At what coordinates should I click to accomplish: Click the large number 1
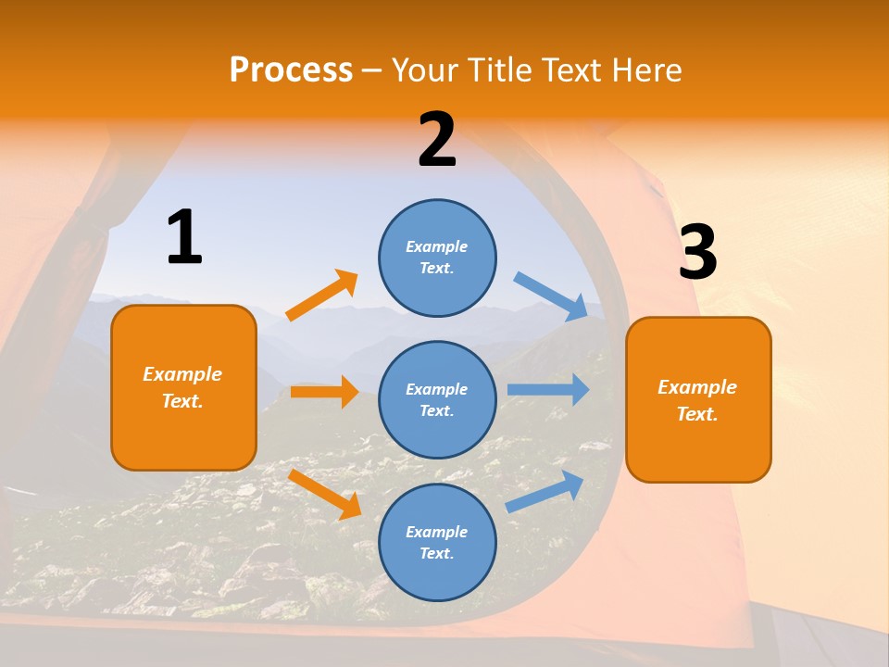(184, 238)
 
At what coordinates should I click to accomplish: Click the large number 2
(437, 140)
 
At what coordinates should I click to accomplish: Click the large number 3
(697, 253)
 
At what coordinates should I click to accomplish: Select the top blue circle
(437, 258)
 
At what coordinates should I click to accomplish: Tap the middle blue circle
(437, 399)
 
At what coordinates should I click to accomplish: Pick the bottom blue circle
(437, 542)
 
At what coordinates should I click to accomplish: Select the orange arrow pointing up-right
(322, 296)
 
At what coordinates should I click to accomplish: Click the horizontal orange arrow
(324, 392)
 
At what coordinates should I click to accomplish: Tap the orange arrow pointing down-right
(324, 494)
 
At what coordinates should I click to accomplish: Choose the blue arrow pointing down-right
(551, 296)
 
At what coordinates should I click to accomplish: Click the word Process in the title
(291, 69)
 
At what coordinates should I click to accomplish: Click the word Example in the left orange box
(182, 374)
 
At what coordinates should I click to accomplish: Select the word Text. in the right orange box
(697, 414)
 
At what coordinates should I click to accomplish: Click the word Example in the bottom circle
(437, 532)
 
